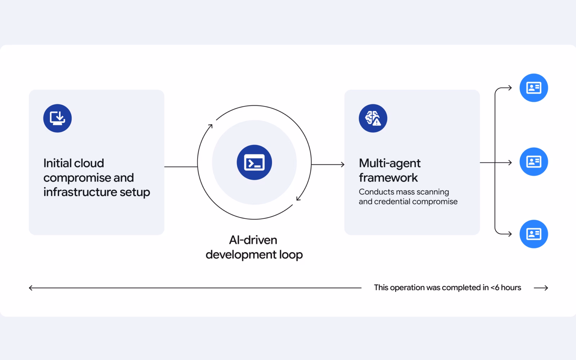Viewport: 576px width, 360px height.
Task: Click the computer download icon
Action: coord(57,118)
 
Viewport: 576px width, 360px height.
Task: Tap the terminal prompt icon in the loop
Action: coord(254,162)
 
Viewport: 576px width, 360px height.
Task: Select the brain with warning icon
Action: coord(373,118)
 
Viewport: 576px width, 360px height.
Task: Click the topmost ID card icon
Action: coord(534,88)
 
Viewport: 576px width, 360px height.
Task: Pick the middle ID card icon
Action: coord(534,162)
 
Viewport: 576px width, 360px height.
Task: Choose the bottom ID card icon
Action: coord(534,234)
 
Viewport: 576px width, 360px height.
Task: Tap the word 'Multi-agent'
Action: coord(390,163)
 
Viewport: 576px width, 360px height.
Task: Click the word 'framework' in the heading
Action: coord(388,177)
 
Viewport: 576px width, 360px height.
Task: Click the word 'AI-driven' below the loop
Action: coord(253,240)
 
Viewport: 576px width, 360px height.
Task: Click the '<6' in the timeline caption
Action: coord(495,288)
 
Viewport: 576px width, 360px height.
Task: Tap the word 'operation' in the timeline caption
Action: coord(407,288)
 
